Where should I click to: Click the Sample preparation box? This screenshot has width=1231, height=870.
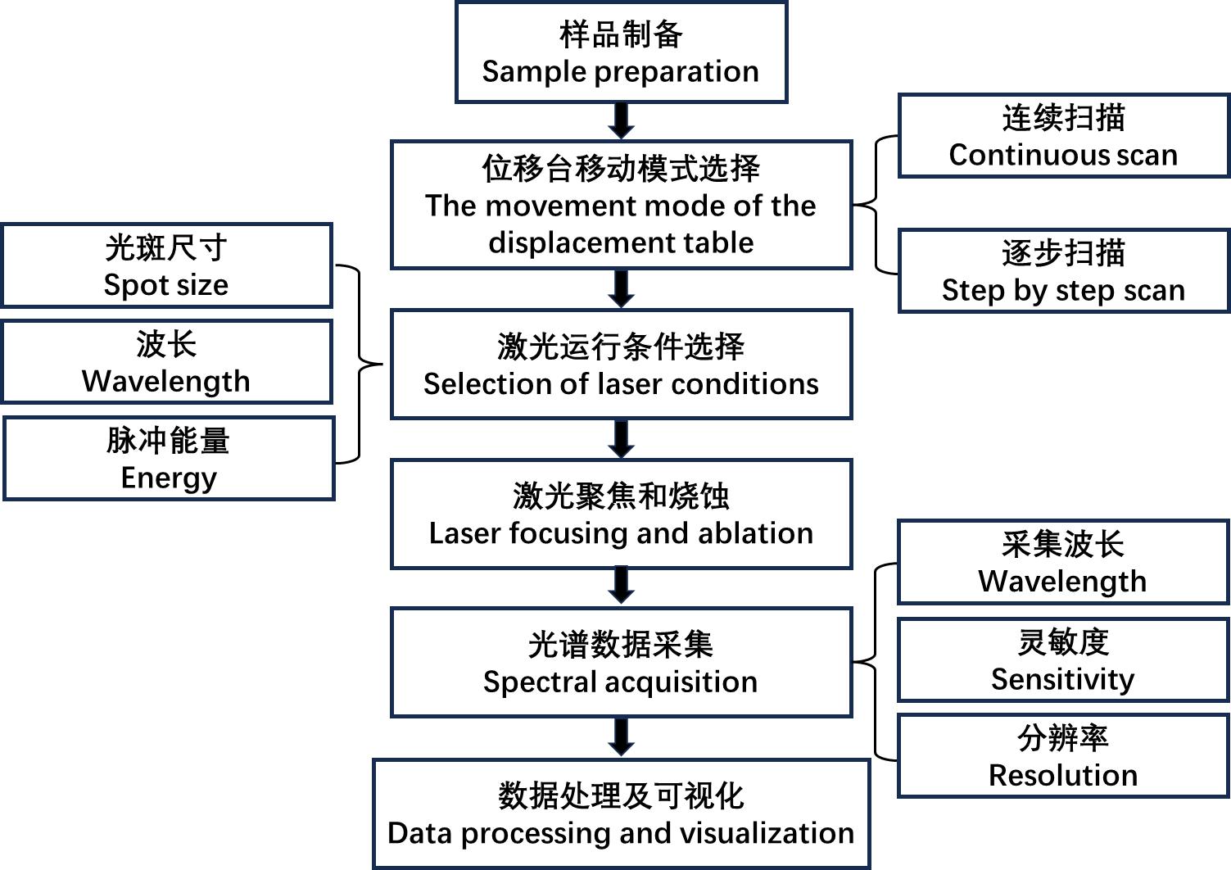(621, 52)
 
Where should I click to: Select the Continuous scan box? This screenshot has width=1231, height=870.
(1063, 136)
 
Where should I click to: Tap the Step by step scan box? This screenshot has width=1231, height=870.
(1063, 271)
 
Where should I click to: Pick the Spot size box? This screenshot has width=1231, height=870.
(166, 265)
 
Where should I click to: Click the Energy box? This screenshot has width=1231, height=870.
(169, 459)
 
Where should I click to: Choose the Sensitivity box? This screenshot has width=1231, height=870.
(1063, 660)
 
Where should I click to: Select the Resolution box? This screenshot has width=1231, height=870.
(1063, 755)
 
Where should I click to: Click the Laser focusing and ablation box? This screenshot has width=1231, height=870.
(621, 514)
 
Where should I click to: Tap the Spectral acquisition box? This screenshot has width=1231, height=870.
(621, 663)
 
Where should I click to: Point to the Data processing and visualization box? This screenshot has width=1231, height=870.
(621, 814)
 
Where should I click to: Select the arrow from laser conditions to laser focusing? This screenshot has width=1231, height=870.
(622, 439)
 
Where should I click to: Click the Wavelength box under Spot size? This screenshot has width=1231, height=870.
(166, 362)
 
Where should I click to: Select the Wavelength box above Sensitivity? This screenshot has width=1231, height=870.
(1063, 563)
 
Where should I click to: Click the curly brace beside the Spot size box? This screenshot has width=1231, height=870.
(360, 364)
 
